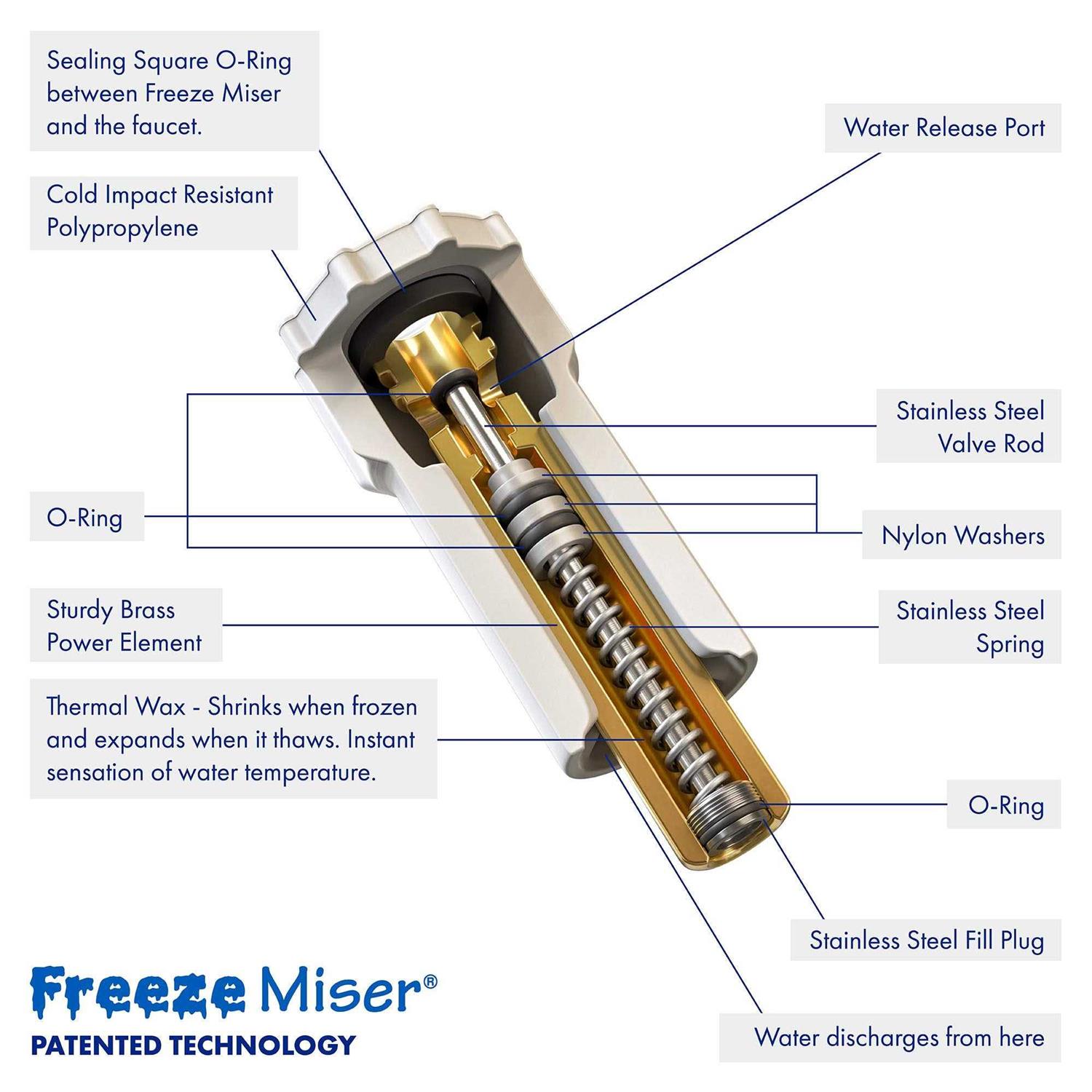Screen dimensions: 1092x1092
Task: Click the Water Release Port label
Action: tap(943, 128)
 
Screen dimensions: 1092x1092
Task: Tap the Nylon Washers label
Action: tap(962, 535)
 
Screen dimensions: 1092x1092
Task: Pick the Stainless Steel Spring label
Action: tap(970, 627)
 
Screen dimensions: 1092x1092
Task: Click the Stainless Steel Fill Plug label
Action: tap(926, 940)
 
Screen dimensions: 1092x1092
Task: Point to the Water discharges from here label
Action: tap(898, 1037)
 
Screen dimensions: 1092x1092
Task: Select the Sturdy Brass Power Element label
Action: tap(124, 625)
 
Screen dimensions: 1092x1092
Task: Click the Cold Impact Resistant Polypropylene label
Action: tap(160, 211)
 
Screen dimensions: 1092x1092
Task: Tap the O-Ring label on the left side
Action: tap(85, 518)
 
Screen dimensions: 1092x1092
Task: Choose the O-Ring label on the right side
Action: tap(1005, 805)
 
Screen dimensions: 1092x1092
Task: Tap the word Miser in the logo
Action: tap(341, 992)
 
